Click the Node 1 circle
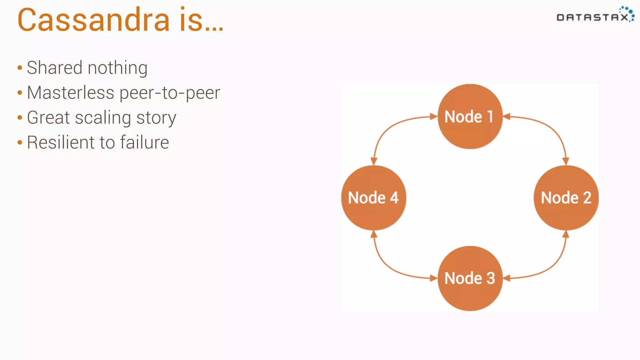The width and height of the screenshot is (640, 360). pyautogui.click(x=470, y=117)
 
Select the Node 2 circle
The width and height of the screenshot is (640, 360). pyautogui.click(x=566, y=197)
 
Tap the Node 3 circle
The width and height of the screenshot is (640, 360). pyautogui.click(x=470, y=278)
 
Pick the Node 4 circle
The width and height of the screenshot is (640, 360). pyautogui.click(x=373, y=197)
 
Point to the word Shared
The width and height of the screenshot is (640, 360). pyautogui.click(x=55, y=68)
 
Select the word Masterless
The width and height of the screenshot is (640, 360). pyautogui.click(x=71, y=93)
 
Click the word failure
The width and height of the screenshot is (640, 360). pyautogui.click(x=144, y=142)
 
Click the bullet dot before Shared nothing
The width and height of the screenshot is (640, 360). pyautogui.click(x=20, y=68)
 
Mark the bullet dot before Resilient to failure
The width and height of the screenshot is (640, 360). pyautogui.click(x=20, y=143)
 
